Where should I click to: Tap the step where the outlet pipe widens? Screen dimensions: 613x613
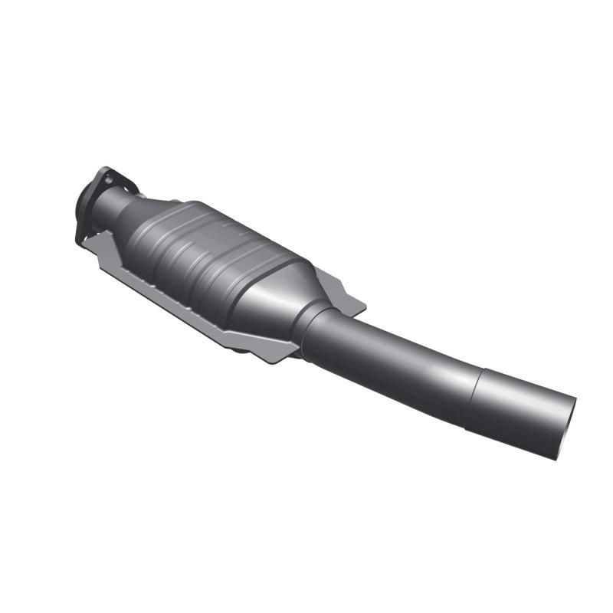[x=477, y=395]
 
